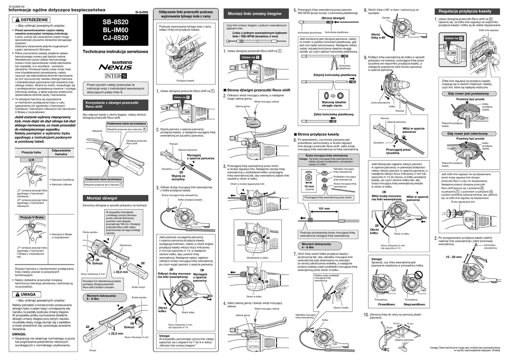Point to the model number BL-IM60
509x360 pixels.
[115, 30]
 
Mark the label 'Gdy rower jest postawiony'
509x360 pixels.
[468, 93]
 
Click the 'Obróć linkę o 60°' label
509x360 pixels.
[379, 35]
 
